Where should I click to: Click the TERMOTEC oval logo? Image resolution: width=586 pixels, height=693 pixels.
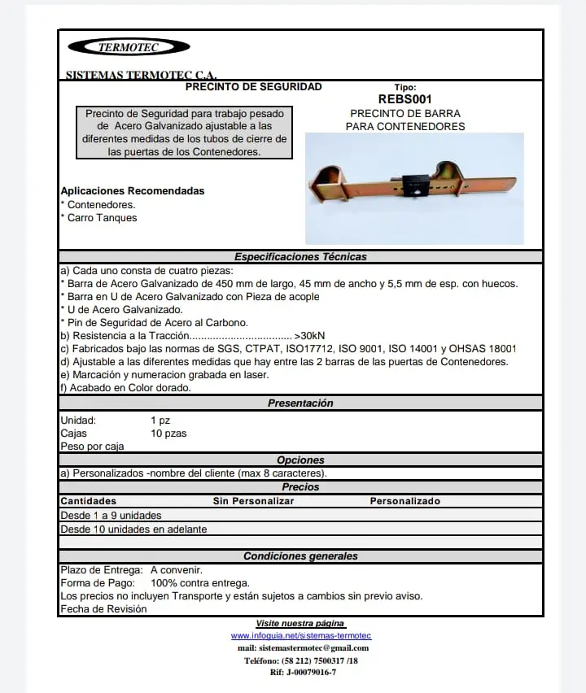(129, 47)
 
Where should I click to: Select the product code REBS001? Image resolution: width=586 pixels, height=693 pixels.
(405, 99)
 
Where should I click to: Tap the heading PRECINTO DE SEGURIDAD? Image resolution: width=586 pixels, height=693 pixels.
(254, 87)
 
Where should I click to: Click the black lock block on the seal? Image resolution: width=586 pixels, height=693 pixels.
(415, 185)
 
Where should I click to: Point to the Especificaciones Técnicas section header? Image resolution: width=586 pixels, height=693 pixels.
(300, 257)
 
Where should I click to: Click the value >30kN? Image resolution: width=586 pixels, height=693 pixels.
(309, 335)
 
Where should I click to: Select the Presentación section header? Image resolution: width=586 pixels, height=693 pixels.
(300, 403)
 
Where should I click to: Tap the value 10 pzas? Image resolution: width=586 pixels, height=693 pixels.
(168, 434)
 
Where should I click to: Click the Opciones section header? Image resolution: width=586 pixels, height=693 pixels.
(300, 460)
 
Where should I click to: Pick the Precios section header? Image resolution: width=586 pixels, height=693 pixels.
(300, 487)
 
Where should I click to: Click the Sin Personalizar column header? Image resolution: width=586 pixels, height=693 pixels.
(253, 501)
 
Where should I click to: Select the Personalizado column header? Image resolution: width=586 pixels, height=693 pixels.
(405, 501)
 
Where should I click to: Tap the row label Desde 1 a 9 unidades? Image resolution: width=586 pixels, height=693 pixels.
(111, 516)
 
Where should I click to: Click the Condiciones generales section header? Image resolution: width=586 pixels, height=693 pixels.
(300, 556)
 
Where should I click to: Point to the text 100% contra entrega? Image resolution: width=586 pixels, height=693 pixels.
(200, 583)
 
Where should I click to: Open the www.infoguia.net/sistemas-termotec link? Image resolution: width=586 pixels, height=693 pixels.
(301, 635)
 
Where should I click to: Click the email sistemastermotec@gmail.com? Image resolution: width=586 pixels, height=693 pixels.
(303, 648)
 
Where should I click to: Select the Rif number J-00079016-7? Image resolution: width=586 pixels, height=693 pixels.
(303, 673)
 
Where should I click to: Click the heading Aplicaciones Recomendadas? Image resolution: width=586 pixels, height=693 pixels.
(133, 191)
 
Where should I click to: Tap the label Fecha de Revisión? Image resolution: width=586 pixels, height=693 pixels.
(103, 609)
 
